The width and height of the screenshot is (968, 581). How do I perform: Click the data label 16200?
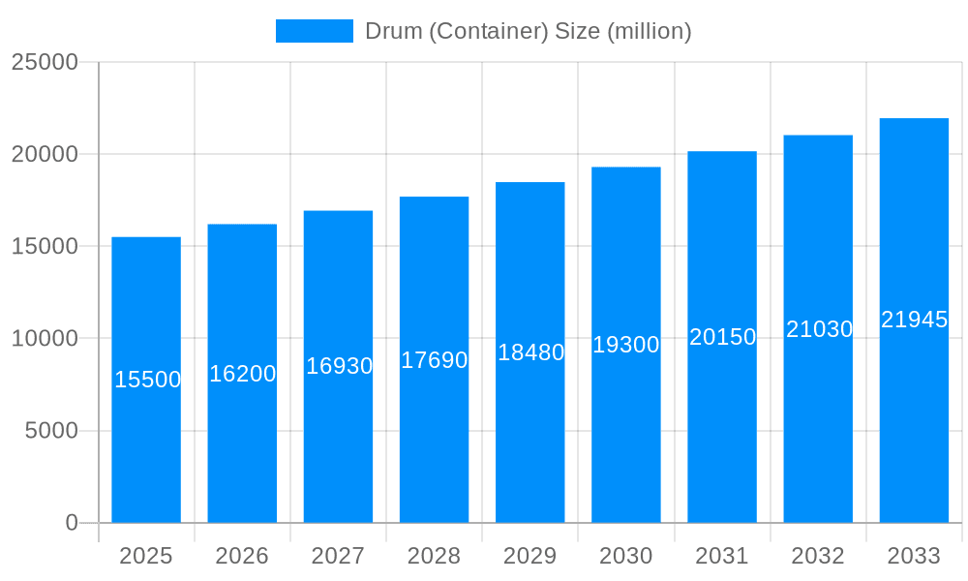pos(243,374)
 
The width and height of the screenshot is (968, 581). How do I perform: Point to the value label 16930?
pos(339,366)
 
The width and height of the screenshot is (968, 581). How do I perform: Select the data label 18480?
pos(530,352)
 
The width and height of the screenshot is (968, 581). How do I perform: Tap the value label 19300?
pos(626,345)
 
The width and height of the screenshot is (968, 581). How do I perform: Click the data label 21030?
pos(819,329)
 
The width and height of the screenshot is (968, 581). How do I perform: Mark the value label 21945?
pos(914,320)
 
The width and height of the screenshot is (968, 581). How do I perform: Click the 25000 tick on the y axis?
pos(45,62)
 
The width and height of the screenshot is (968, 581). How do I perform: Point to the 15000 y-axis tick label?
pos(45,246)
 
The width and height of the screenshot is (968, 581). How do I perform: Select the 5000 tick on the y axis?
pos(51,431)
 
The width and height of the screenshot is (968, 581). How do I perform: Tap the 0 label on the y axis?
pos(72,523)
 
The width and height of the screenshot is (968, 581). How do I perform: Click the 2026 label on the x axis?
pos(242,556)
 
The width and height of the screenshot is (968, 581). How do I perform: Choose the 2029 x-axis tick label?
pos(530,556)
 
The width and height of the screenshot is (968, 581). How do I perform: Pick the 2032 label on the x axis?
pos(818,556)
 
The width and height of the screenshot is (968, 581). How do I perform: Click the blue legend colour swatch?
pos(315,31)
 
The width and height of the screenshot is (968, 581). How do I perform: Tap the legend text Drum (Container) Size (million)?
pos(528,31)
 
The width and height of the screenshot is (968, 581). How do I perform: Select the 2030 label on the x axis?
pos(626,556)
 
